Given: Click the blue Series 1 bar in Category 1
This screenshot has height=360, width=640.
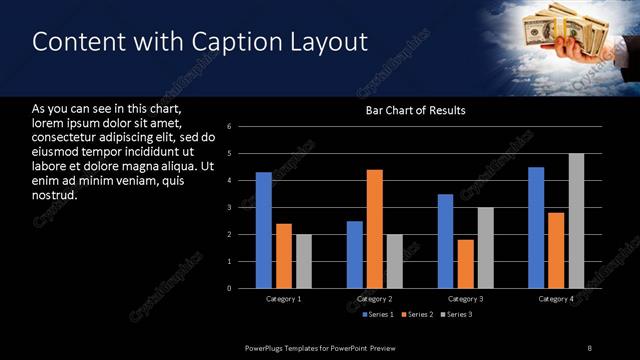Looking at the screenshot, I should (263, 230).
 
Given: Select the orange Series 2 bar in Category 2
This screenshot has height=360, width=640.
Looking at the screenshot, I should (375, 229).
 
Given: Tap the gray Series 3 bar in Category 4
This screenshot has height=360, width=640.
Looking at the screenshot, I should (576, 221).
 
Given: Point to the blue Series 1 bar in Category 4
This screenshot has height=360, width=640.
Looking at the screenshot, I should (536, 227).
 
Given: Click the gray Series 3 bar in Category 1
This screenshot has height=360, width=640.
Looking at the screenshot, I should (304, 261).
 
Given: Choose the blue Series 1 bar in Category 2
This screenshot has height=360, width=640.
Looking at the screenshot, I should (355, 254).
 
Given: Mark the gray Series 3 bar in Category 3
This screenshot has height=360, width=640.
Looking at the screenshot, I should (485, 248).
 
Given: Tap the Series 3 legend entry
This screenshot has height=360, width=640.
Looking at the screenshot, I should (458, 315).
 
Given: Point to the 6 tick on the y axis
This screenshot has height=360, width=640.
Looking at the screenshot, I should (230, 127).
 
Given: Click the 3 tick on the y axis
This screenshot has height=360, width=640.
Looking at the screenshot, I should (230, 208).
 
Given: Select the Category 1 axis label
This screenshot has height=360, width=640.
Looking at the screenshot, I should (284, 299).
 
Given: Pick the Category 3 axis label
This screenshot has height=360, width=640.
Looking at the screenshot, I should (465, 299).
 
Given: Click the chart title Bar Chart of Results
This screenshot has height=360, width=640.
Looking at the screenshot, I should (415, 110).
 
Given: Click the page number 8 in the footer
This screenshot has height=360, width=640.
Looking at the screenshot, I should (589, 347).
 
